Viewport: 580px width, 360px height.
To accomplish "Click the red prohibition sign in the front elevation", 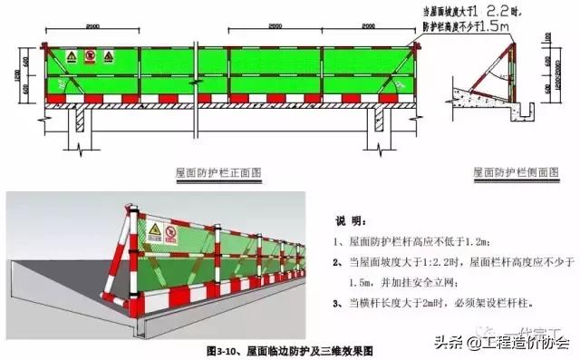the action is (x=90, y=56).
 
